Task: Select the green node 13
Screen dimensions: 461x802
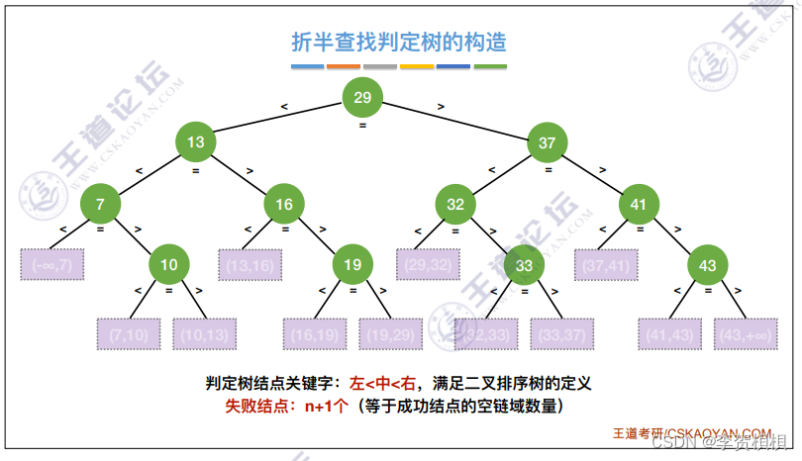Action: pyautogui.click(x=196, y=142)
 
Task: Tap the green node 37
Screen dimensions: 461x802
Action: pyautogui.click(x=547, y=142)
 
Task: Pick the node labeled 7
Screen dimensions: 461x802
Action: pyautogui.click(x=100, y=205)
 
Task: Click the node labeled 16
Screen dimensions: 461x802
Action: pyautogui.click(x=284, y=205)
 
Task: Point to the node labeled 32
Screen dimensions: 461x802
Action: pyautogui.click(x=455, y=205)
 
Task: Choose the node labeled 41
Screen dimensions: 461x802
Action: pyautogui.click(x=639, y=205)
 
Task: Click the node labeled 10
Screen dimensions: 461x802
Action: pyautogui.click(x=169, y=264)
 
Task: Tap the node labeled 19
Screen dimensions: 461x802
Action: pyautogui.click(x=353, y=264)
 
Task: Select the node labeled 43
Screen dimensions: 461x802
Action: pyautogui.click(x=707, y=265)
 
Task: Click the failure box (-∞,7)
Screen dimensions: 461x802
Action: pyautogui.click(x=53, y=264)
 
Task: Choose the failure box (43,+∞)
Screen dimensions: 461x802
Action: pyautogui.click(x=744, y=334)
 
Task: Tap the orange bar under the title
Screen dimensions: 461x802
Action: pyautogui.click(x=344, y=67)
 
